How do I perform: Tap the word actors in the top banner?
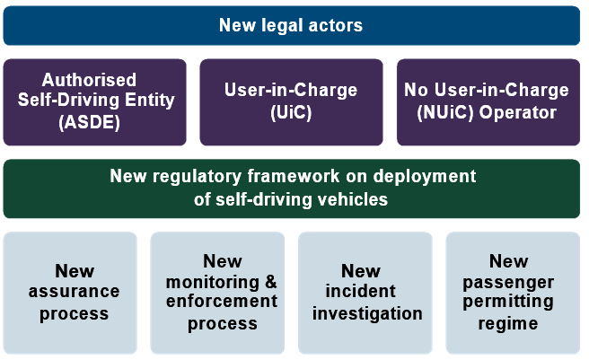336,25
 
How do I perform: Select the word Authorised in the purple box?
89,80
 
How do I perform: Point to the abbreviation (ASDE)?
90,122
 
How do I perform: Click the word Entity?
150,101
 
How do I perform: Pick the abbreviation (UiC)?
291,112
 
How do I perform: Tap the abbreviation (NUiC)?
445,112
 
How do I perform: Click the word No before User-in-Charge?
417,90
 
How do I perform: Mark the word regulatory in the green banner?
197,177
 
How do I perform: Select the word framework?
294,176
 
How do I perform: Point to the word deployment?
425,177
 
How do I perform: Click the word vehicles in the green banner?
353,199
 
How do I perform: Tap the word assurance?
74,292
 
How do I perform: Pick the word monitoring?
213,283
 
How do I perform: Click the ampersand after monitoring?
271,282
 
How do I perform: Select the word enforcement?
222,301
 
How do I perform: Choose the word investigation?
367,314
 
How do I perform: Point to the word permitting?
508,302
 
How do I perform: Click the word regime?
508,324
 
